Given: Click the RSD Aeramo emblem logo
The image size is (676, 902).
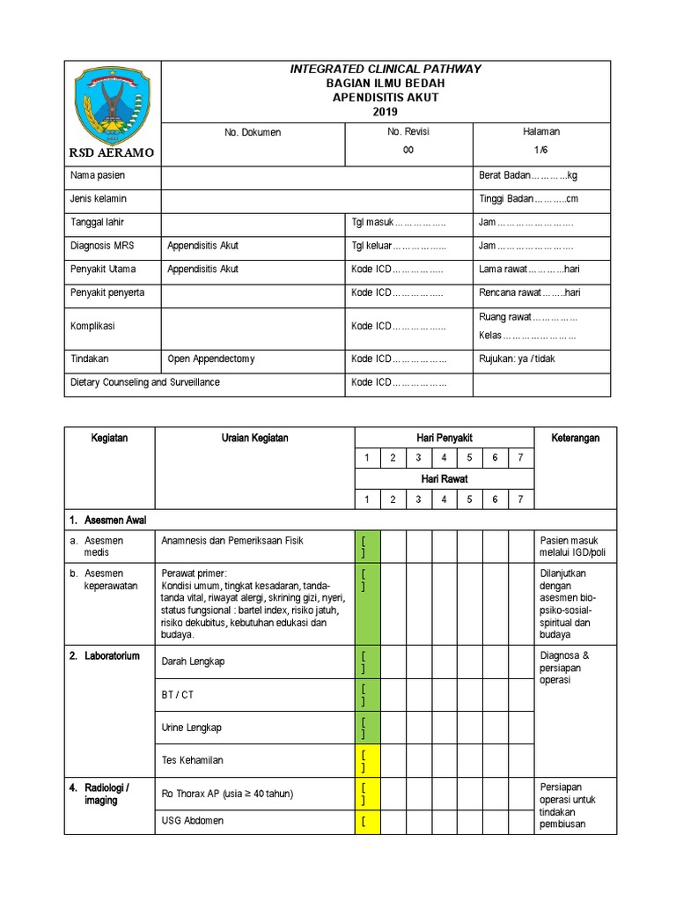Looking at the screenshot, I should point(111,105).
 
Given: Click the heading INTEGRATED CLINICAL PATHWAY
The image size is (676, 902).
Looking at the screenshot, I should point(386,70).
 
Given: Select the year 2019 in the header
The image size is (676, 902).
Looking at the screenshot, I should point(385,112).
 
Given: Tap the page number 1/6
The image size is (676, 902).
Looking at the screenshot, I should point(540,151).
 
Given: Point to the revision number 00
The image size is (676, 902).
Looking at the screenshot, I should point(408,151).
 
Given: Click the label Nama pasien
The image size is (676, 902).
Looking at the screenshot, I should point(98,175).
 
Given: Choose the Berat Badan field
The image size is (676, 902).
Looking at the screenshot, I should point(527,175).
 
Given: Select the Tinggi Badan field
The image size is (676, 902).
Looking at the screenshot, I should point(528,199).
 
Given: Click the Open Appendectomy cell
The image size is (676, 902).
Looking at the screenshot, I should point(211,359).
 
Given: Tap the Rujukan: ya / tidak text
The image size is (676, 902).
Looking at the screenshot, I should point(517,359).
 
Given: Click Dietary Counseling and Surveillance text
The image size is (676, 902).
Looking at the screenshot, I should point(145,382).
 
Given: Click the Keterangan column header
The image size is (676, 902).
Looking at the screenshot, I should point(575,438).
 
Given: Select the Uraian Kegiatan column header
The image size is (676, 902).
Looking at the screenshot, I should point(254,438).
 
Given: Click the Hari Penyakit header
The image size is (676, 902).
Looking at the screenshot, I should point(445,438).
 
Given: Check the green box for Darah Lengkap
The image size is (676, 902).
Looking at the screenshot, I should point(367,662).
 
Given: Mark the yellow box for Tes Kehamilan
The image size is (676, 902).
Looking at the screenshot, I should point(367,758).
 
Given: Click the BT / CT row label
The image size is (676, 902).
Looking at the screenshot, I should point(177,694).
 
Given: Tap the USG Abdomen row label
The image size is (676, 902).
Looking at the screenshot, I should point(192,821).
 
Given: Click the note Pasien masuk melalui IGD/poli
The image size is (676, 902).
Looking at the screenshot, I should point(575,546).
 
